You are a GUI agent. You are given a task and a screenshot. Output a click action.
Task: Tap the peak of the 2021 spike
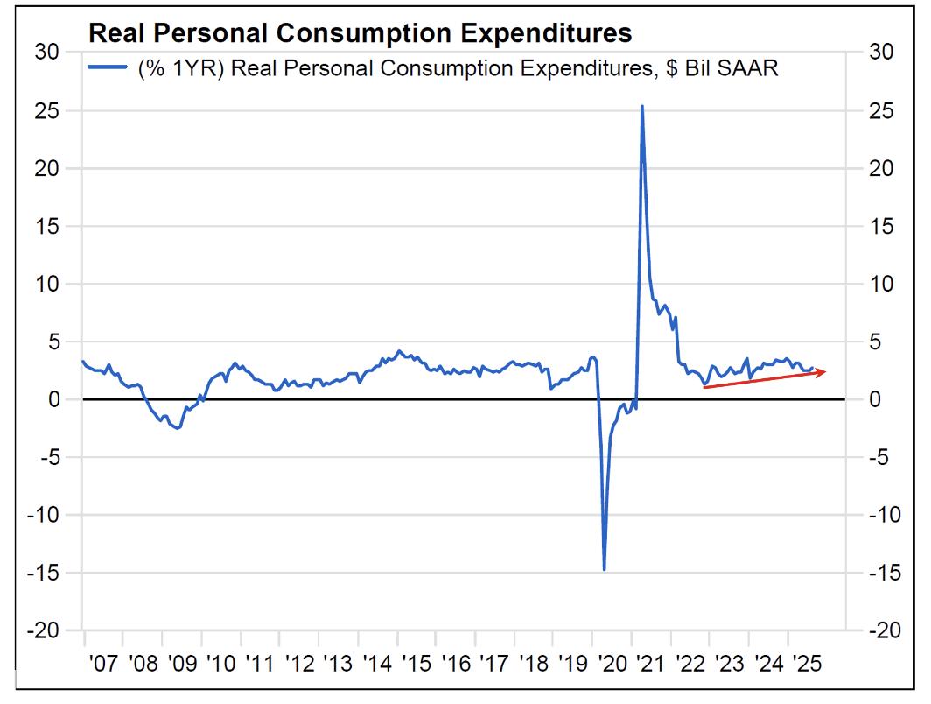click(x=642, y=107)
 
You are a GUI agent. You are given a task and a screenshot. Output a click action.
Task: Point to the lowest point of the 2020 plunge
click(x=604, y=569)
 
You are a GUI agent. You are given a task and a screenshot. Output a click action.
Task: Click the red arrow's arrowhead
click(x=822, y=372)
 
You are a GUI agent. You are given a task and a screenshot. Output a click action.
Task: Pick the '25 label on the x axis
click(x=807, y=663)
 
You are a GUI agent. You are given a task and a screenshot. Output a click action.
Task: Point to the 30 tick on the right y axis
click(x=879, y=53)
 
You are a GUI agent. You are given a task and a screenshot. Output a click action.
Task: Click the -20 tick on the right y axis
click(x=883, y=631)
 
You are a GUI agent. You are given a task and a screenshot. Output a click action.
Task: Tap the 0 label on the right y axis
click(x=873, y=400)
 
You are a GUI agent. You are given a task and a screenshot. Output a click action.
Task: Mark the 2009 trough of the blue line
click(x=177, y=428)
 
